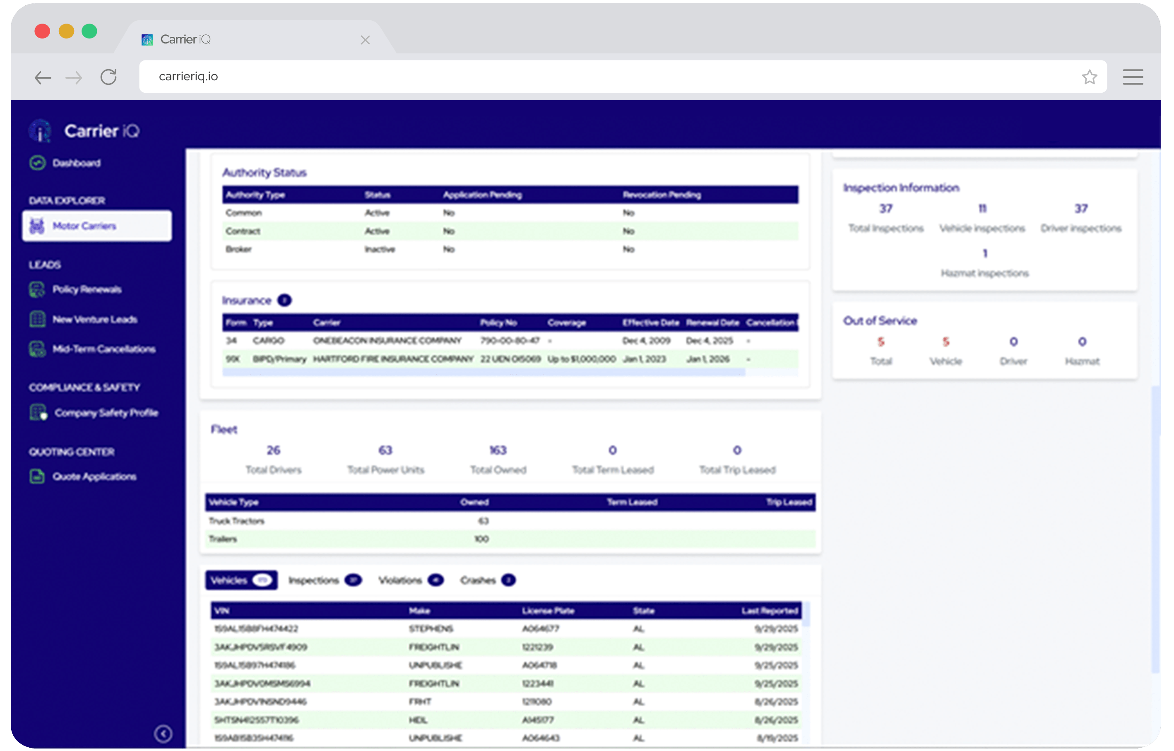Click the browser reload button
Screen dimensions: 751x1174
pos(108,77)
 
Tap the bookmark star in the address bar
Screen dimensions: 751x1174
pos(1089,77)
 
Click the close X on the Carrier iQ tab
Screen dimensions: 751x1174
pos(365,40)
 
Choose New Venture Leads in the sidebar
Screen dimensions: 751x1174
pos(94,320)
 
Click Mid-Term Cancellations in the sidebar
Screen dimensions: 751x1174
pos(103,349)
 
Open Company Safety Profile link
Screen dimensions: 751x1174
pos(106,413)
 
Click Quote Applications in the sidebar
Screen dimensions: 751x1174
pos(94,477)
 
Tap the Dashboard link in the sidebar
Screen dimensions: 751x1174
pos(76,163)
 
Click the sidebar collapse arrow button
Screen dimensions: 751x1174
pos(163,734)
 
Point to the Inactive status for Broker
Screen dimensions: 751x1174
pos(379,250)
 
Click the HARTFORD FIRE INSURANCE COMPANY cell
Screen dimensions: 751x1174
pos(392,359)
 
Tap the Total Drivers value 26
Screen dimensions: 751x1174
pos(273,450)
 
